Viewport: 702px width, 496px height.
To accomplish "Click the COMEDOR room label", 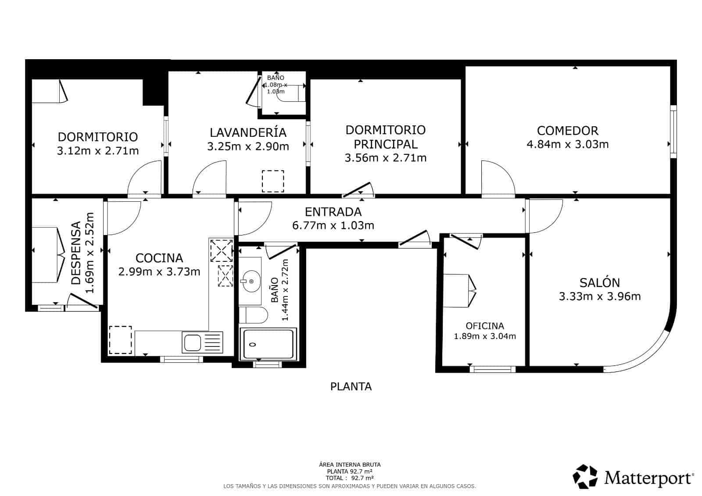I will click(x=567, y=130).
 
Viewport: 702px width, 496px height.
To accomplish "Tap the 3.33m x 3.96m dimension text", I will click(x=599, y=296).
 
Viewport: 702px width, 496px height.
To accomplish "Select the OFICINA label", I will click(x=484, y=326).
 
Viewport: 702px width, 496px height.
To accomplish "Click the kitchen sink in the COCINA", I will click(x=192, y=343).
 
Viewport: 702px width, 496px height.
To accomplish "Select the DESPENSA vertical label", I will click(x=76, y=253).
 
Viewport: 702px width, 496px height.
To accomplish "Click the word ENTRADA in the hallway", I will click(x=333, y=212).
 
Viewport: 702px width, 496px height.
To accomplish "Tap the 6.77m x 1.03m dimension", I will click(x=333, y=225).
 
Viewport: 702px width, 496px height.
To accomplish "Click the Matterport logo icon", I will click(x=585, y=477).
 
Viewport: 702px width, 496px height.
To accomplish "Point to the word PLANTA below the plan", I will click(x=351, y=386).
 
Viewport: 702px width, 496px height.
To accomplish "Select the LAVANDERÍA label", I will click(x=248, y=132).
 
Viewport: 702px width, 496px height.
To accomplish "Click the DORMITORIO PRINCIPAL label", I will click(x=385, y=137).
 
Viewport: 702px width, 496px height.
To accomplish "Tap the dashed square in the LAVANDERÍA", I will click(x=273, y=181).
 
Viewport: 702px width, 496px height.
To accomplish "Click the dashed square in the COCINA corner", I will click(x=120, y=340).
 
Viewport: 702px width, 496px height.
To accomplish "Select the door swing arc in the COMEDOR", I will click(x=498, y=178).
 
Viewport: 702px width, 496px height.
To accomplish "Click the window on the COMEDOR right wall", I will click(x=673, y=131).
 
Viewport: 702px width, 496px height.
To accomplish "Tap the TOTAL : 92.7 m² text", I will click(x=350, y=478).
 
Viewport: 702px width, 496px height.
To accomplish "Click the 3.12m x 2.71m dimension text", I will click(x=98, y=151).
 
